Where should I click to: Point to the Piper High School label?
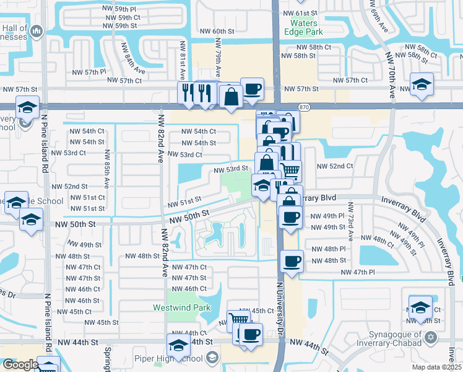click(x=170, y=358)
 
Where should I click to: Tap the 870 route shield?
click(x=303, y=107)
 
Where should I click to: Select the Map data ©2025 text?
click(x=437, y=367)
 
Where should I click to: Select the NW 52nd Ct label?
click(x=335, y=166)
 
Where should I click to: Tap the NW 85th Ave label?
click(x=106, y=169)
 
